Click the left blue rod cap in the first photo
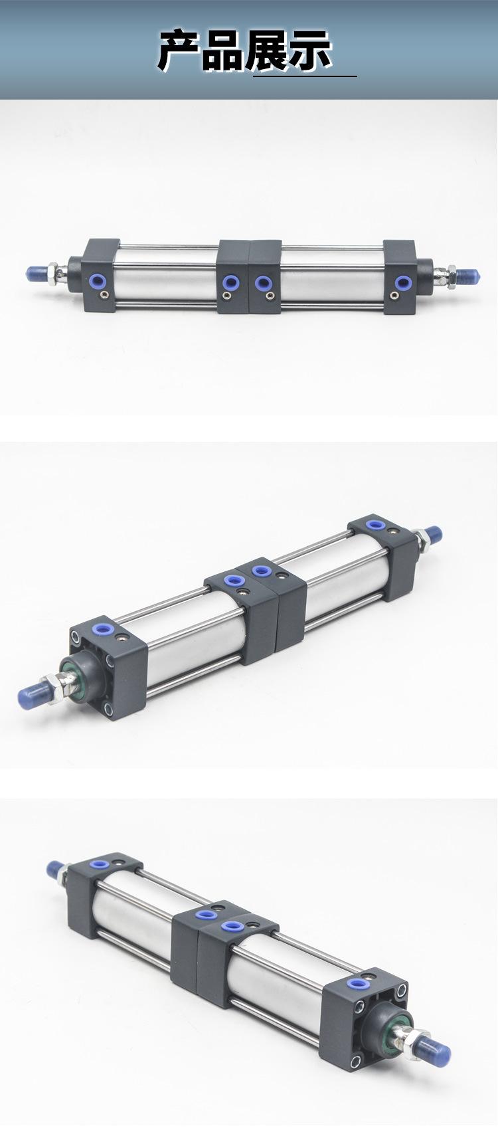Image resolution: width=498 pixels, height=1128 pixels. pos(37,272)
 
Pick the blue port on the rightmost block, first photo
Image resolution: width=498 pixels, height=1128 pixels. pos(401,283)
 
